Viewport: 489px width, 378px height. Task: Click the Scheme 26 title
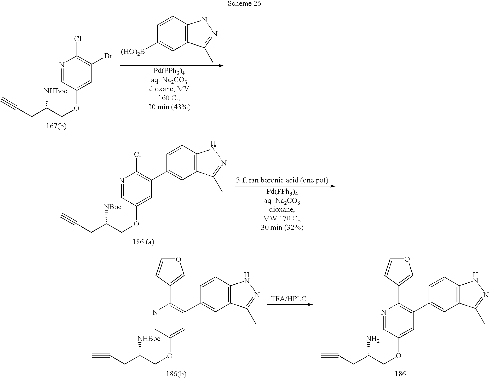244,3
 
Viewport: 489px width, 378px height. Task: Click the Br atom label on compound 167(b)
108,56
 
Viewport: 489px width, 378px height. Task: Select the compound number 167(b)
56,126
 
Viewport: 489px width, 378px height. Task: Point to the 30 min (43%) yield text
169,107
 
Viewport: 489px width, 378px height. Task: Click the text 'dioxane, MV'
169,89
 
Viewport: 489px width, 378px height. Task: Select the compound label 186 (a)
143,242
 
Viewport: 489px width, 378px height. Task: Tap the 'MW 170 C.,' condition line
282,219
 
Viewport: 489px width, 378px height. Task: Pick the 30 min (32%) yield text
282,227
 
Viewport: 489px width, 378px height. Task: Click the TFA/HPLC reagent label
289,299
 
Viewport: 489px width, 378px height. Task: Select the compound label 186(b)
176,374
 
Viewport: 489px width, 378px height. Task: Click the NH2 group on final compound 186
372,339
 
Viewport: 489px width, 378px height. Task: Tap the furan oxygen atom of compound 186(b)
179,259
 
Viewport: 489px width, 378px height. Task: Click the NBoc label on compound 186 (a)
113,207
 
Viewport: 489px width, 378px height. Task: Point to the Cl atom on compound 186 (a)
138,154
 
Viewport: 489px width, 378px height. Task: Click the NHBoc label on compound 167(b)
55,91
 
